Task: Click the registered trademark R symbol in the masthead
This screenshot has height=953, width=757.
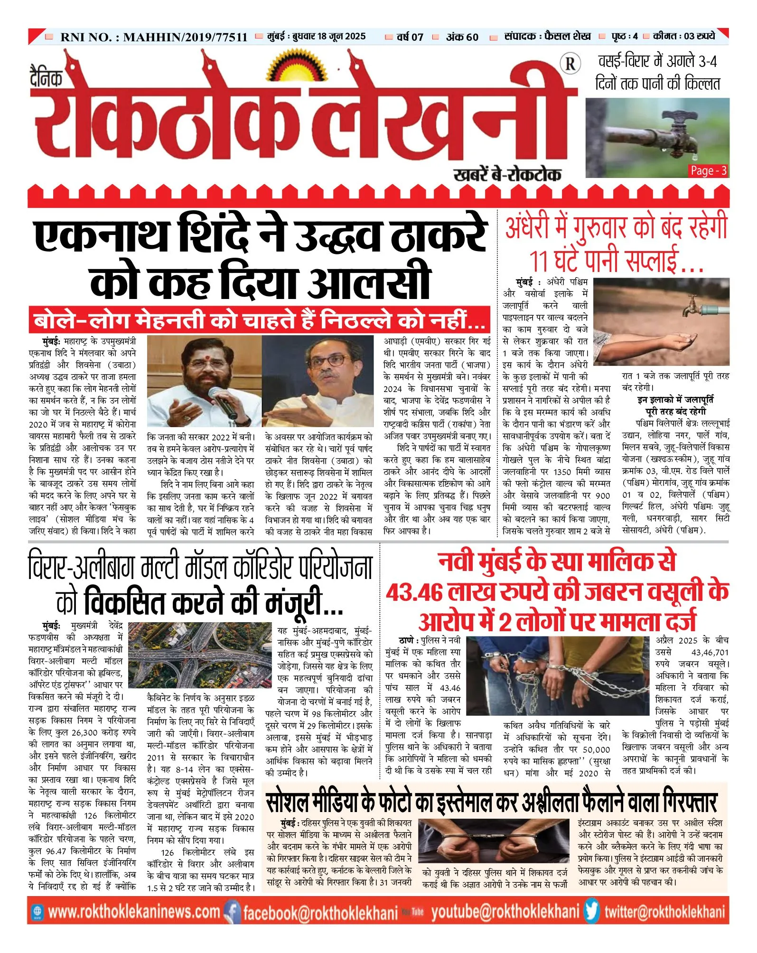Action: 570,64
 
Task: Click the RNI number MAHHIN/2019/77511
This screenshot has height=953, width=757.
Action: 185,37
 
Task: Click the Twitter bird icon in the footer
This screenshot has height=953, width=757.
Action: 591,911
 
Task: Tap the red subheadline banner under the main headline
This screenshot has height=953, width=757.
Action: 259,320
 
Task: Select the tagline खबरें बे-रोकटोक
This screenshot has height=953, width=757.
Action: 507,175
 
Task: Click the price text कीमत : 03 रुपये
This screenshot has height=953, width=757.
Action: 683,36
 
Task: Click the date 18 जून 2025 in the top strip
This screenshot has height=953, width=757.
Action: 341,37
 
